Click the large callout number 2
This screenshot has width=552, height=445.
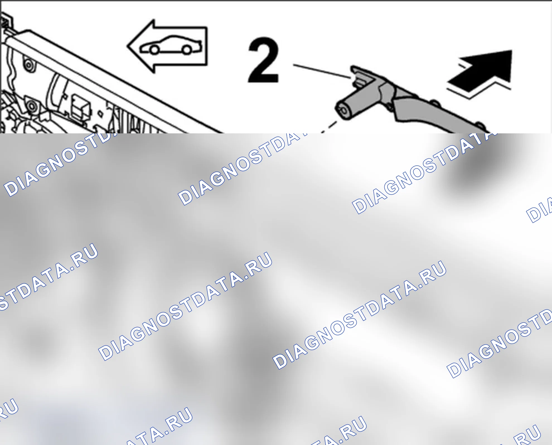[263, 60]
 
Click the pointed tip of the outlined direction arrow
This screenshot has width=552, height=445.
[128, 46]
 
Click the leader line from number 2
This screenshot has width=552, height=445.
[322, 71]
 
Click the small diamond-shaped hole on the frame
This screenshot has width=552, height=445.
[100, 114]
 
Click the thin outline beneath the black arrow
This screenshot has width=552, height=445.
[478, 89]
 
